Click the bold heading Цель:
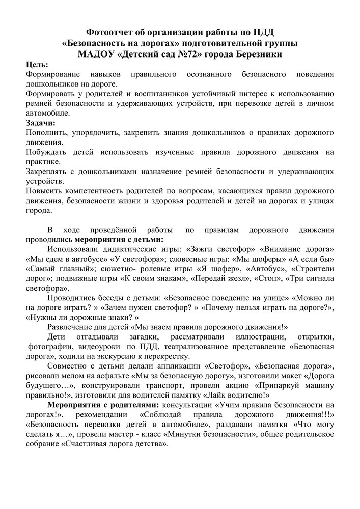pos(37,65)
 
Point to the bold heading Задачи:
pos(41,123)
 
